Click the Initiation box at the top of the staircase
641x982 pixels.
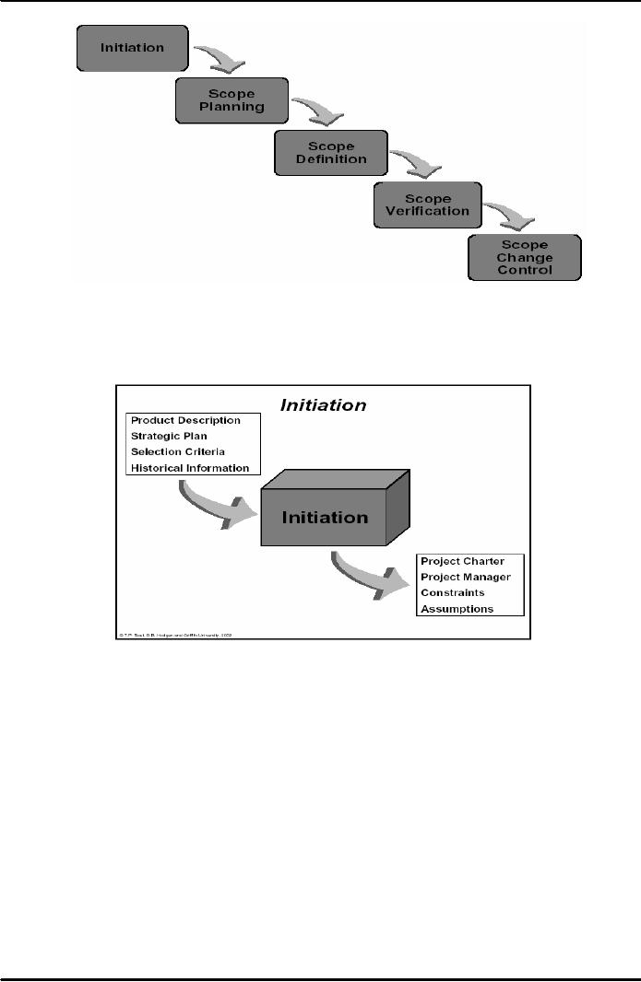pyautogui.click(x=132, y=48)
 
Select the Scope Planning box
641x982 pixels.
pyautogui.click(x=231, y=99)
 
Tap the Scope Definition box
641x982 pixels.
pyautogui.click(x=330, y=152)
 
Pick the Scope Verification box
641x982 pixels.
pyautogui.click(x=429, y=205)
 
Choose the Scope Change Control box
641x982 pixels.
pyautogui.click(x=524, y=258)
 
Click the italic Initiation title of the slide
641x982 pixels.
pyautogui.click(x=323, y=404)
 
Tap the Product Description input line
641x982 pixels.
pyautogui.click(x=185, y=421)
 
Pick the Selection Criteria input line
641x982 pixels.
pyautogui.click(x=178, y=452)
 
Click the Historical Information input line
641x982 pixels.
pyautogui.click(x=190, y=468)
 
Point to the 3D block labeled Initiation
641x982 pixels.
pyautogui.click(x=325, y=517)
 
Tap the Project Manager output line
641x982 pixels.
pyautogui.click(x=465, y=577)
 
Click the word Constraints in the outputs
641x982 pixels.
pyautogui.click(x=452, y=592)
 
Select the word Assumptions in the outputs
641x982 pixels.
pyautogui.click(x=457, y=609)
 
